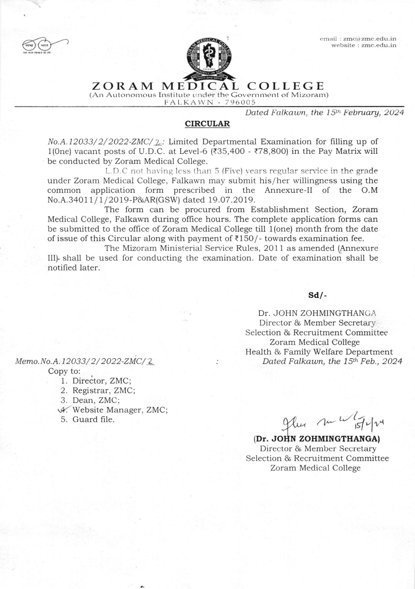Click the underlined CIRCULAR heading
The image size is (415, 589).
[207, 124]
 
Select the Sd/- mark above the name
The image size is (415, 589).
[317, 295]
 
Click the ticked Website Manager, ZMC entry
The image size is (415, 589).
[120, 410]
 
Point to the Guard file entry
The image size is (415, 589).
[93, 419]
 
